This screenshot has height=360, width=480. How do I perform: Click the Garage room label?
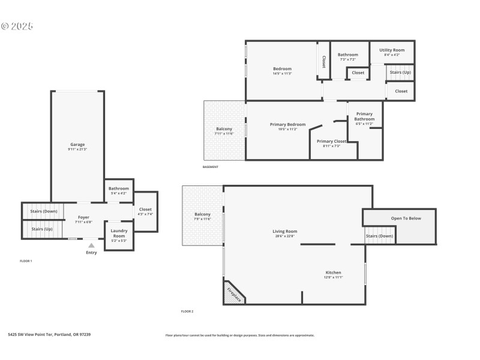tap(77, 144)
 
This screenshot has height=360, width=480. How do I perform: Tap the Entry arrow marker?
tap(91, 245)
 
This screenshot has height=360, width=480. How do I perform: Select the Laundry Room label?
tap(119, 233)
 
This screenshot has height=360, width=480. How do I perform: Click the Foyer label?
tap(83, 217)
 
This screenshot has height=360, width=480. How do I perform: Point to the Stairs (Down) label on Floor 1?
tap(44, 211)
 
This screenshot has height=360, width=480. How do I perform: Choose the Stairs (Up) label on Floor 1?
tap(41, 229)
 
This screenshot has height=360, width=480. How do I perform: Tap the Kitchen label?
tap(333, 272)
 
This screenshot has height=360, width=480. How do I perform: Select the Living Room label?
tap(284, 231)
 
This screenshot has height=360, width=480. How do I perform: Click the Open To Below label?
tap(406, 218)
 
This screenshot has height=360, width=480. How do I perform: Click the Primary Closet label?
tap(328, 141)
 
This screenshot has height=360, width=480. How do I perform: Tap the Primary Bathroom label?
tap(364, 116)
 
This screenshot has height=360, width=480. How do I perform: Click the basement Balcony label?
tap(224, 128)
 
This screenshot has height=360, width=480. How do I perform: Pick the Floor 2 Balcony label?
tap(202, 214)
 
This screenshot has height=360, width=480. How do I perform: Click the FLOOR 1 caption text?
tap(26, 261)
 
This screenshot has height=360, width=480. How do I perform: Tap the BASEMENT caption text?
tap(210, 167)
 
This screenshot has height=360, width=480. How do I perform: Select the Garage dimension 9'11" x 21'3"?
tap(77, 149)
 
